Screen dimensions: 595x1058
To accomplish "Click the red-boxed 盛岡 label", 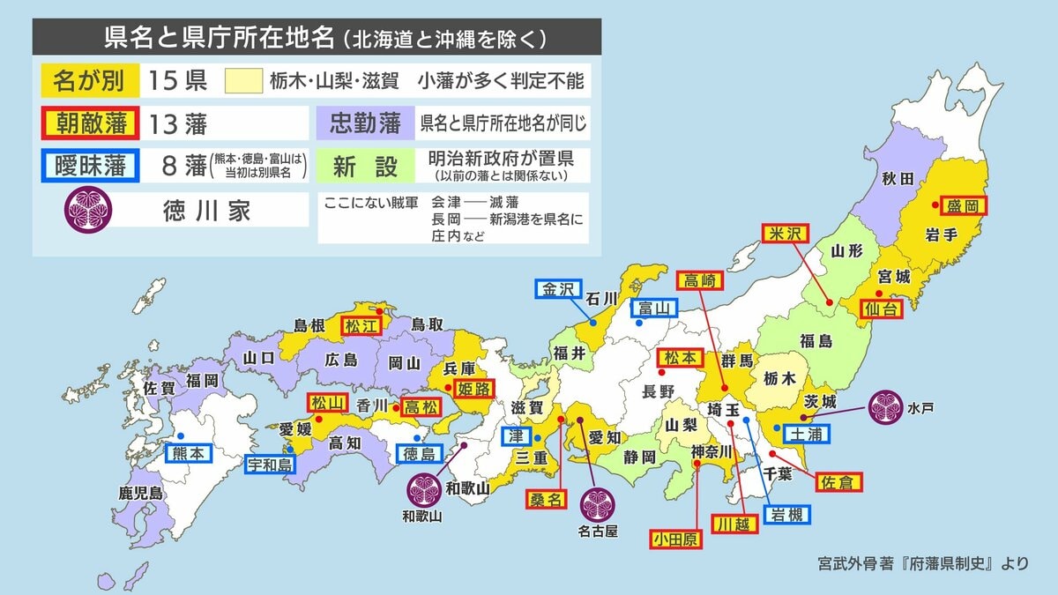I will (x=963, y=205).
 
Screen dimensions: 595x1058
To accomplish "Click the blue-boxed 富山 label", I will (x=653, y=308).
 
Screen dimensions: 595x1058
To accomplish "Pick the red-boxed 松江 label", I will (x=361, y=324).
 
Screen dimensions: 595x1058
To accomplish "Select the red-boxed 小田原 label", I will (x=676, y=539).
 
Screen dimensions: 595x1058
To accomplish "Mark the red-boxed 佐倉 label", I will (x=838, y=481).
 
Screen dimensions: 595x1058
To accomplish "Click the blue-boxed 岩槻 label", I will (x=786, y=515).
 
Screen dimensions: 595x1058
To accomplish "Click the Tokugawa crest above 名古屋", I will (x=597, y=504).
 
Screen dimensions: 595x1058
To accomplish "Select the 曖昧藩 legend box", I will (x=89, y=165).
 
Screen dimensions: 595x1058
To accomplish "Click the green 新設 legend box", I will (x=365, y=166).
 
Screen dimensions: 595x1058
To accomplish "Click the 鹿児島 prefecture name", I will (x=142, y=494).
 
